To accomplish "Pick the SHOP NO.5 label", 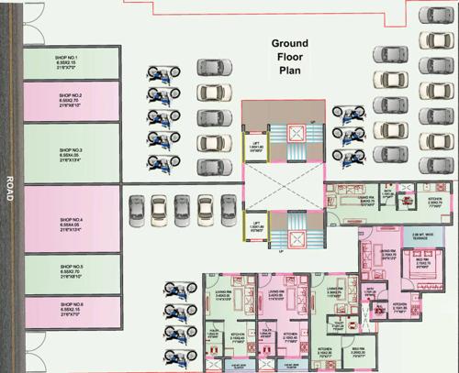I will (72, 270).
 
